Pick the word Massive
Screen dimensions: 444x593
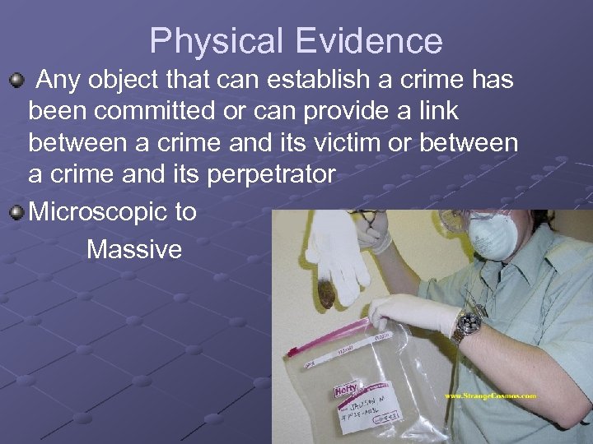point(133,249)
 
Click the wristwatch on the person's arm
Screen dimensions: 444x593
point(468,324)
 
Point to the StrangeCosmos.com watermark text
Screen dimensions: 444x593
point(490,396)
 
